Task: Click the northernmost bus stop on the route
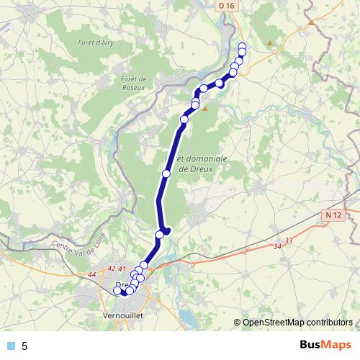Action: click(x=242, y=47)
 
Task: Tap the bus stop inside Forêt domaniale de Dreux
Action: click(x=166, y=174)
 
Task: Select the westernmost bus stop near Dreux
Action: click(x=117, y=291)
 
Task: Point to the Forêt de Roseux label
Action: click(x=135, y=83)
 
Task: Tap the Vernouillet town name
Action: click(x=122, y=316)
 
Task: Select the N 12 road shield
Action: click(x=332, y=215)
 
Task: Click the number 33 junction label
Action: click(x=289, y=240)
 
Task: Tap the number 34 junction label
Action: click(x=277, y=247)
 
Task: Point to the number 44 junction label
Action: click(x=91, y=275)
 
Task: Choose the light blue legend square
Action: click(x=10, y=346)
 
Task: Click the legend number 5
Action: click(x=24, y=346)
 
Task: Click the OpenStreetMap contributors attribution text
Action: click(x=297, y=323)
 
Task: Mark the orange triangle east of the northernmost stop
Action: click(x=270, y=44)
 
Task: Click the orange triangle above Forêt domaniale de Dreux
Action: click(x=205, y=109)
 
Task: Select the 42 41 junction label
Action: click(x=116, y=268)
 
